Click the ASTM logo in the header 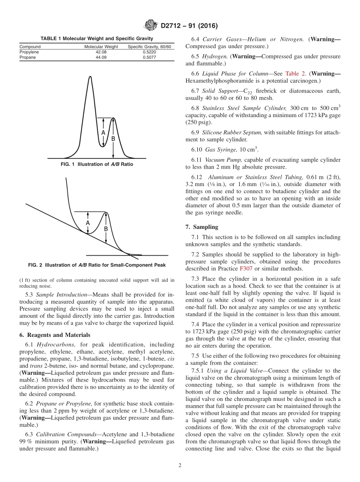[151, 26]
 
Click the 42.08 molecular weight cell [101, 52]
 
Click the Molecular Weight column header [101, 47]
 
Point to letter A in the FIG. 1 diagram [103, 133]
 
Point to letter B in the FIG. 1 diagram [113, 139]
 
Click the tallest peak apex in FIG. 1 [90, 77]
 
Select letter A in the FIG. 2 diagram [88, 223]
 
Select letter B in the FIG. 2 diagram [106, 229]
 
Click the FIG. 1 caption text [97, 164]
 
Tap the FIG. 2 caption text [97, 265]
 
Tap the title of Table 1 [97, 38]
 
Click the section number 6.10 [197, 149]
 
